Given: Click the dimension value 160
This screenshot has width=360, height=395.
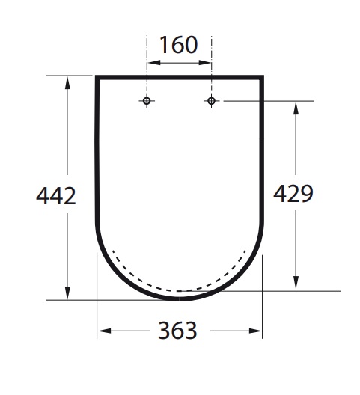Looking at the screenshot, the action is (x=178, y=45).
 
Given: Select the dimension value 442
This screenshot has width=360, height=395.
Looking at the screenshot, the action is (x=56, y=196).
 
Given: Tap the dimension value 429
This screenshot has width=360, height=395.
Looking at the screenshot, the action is (x=293, y=194).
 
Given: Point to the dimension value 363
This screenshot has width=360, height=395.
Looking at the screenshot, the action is (x=177, y=331).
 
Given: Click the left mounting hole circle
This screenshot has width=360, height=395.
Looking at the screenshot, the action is (x=147, y=101).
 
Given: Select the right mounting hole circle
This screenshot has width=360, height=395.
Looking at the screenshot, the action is (x=211, y=101).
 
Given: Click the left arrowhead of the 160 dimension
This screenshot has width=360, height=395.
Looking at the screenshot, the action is (x=153, y=63).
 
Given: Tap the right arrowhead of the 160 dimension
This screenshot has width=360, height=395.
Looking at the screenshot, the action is (x=205, y=63).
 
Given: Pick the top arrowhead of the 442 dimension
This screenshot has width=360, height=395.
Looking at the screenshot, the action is (x=67, y=82).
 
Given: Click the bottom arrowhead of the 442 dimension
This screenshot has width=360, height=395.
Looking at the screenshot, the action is (x=67, y=293).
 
